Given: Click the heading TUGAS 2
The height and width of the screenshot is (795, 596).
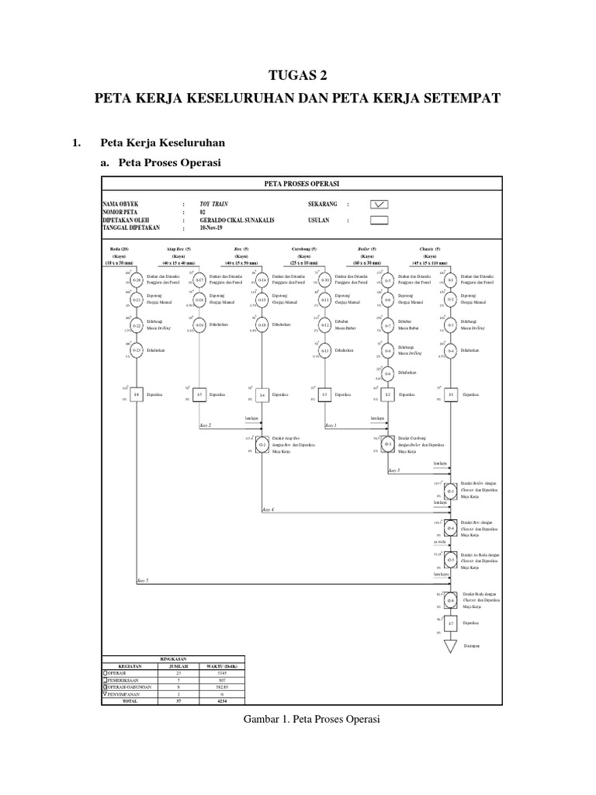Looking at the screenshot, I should pos(298,75).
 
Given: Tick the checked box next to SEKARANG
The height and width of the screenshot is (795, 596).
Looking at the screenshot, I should pos(379,204).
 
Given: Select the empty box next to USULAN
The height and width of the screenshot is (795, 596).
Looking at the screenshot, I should pos(379,220).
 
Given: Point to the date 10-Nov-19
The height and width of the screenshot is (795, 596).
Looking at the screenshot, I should pos(211,229).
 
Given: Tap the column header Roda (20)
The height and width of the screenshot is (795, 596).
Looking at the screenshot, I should pos(119,248).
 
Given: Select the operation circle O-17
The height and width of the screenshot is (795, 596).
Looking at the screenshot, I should pos(199,279).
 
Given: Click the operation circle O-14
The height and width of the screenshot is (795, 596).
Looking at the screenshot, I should pos(262,279).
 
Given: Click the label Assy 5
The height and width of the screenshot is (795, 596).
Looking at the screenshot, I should pos(142,581).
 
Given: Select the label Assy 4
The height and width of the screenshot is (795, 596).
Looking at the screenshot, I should pos(268,509).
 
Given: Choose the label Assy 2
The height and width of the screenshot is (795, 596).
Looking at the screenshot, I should pos(205,426).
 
